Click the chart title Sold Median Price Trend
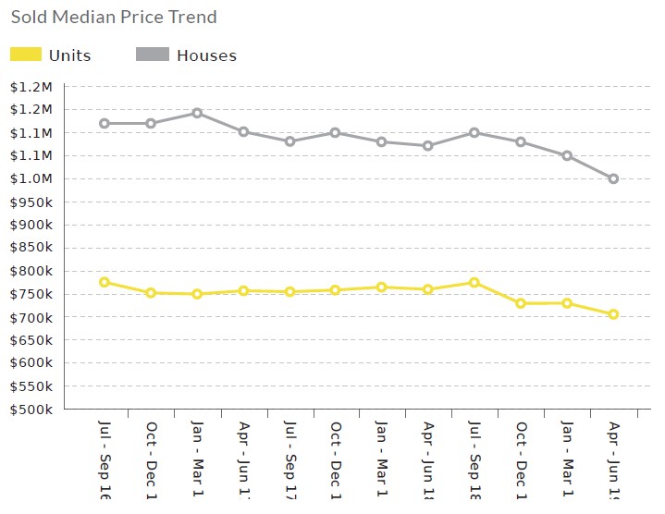(x=114, y=17)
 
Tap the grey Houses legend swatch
(x=153, y=55)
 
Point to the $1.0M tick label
(x=31, y=179)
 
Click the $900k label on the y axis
(x=31, y=225)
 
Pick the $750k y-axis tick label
(x=31, y=294)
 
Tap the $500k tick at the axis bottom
(x=31, y=410)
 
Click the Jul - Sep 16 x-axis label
(x=105, y=459)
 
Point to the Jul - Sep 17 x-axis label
(x=289, y=459)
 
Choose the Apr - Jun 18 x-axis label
(x=428, y=459)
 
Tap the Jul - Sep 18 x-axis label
(x=474, y=459)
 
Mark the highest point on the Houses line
(x=197, y=113)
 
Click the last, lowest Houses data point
(x=613, y=178)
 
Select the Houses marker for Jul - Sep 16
(x=105, y=123)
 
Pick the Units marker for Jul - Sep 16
(x=105, y=282)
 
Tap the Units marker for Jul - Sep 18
(x=474, y=282)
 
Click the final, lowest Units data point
(x=613, y=314)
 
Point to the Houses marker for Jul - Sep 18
(x=474, y=132)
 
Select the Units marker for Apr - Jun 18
(x=428, y=289)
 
